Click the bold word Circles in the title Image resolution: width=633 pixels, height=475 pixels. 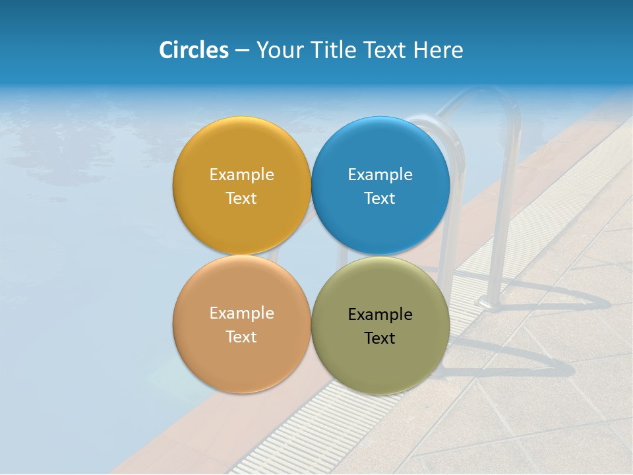(194, 50)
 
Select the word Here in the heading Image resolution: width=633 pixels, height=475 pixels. (438, 50)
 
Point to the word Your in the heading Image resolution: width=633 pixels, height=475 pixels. (280, 50)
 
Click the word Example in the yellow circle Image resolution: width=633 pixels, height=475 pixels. (241, 175)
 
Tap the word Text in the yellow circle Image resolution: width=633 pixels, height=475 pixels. (241, 199)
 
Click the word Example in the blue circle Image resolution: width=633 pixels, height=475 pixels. (380, 175)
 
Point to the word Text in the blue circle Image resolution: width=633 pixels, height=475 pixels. (380, 199)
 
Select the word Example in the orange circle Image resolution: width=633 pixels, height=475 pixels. (241, 313)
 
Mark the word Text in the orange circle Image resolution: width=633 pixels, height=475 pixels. (241, 337)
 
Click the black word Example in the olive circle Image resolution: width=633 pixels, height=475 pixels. (380, 315)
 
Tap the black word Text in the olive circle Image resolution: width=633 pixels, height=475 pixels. (380, 338)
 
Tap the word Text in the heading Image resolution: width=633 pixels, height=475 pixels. (385, 50)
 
